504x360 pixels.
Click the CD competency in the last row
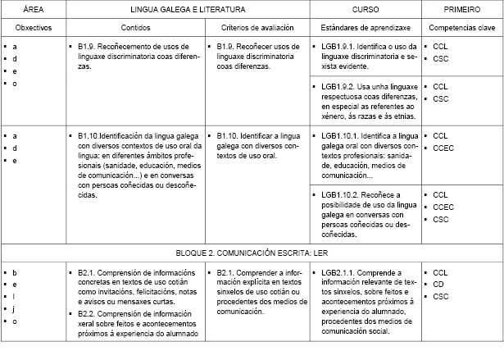[438, 284]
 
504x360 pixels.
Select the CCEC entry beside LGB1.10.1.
[443, 148]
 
